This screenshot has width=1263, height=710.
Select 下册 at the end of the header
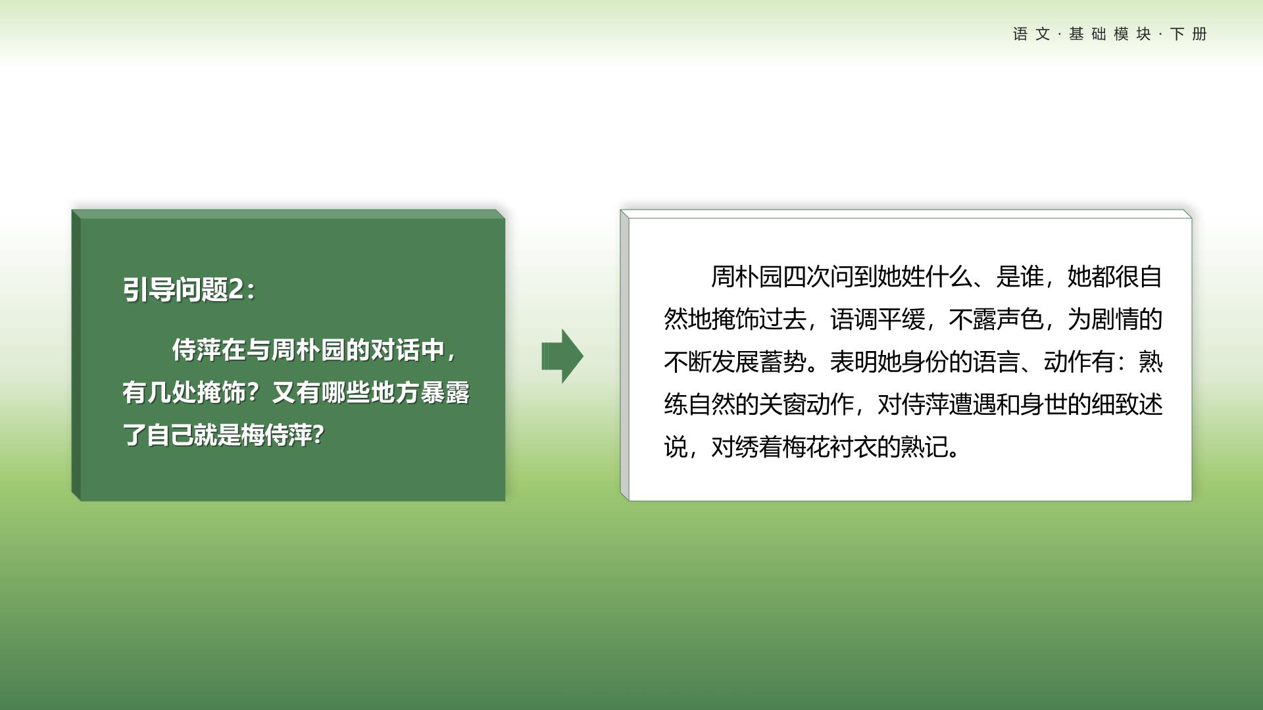click(x=1189, y=34)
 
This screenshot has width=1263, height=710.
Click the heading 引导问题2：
click(x=189, y=289)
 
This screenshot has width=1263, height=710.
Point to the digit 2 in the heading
click(x=236, y=289)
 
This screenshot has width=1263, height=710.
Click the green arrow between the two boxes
click(x=562, y=356)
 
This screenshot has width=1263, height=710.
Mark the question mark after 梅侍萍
click(x=318, y=435)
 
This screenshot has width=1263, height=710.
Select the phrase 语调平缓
click(x=877, y=319)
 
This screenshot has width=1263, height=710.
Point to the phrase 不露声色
click(x=996, y=319)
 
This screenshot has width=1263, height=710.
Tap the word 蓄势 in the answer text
click(x=783, y=362)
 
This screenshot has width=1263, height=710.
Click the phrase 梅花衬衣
click(x=830, y=447)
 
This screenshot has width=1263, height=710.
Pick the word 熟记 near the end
click(x=925, y=447)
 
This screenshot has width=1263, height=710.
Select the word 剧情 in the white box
click(x=1115, y=319)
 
